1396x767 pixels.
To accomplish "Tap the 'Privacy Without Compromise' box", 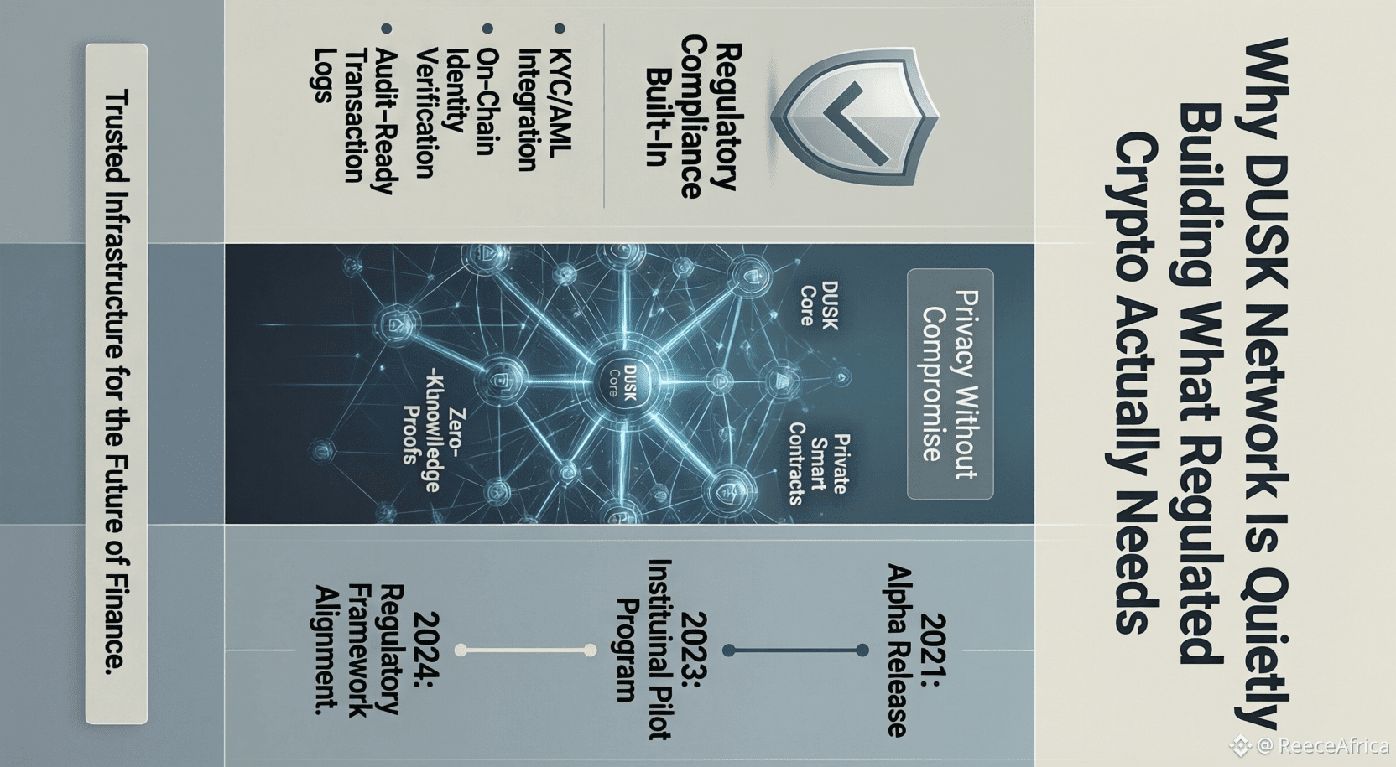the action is [x=950, y=384].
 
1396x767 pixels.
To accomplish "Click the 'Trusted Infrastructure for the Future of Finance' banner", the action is [x=117, y=383].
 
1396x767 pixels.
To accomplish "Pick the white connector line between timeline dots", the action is [x=525, y=650].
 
